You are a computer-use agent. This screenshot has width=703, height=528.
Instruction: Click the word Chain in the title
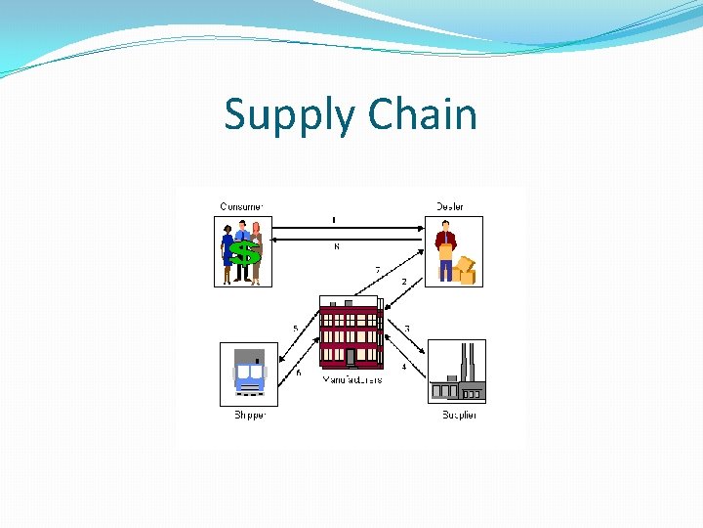pos(422,114)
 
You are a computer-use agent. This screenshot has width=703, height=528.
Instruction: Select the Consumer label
pos(240,206)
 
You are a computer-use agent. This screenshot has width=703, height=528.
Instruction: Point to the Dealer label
pos(450,206)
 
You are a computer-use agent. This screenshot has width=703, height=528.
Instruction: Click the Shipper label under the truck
pos(250,416)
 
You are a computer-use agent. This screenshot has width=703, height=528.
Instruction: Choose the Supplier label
pos(459,416)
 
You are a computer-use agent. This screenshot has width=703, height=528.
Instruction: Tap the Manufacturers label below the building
pos(351,379)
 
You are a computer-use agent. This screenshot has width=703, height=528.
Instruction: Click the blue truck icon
pos(250,374)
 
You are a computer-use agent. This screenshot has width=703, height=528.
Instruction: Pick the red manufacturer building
pos(351,332)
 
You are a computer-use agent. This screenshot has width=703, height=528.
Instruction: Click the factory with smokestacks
pos(458,376)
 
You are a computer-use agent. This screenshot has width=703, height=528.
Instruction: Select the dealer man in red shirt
pos(446,250)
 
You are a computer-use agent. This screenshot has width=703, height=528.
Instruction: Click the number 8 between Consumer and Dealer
pos(337,247)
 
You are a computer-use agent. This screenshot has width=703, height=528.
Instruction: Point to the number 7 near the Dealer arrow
pos(378,270)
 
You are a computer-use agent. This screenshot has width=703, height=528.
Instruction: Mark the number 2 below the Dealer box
pos(404,282)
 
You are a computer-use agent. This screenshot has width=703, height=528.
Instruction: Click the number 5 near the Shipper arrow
pos(296,328)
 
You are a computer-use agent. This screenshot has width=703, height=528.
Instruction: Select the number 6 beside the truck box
pos(299,373)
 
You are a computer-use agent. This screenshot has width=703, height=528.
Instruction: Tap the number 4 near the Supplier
pos(404,367)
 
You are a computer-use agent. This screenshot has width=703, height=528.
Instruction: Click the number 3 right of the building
pos(407,328)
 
